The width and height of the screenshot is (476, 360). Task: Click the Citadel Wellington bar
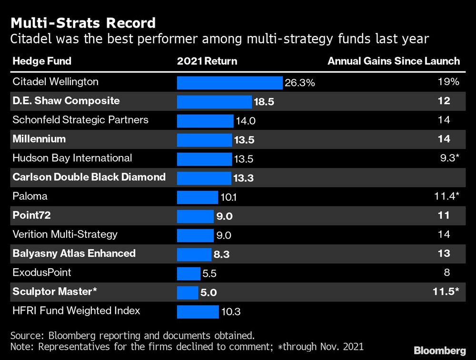click(x=230, y=83)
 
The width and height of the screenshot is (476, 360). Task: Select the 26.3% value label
click(x=300, y=83)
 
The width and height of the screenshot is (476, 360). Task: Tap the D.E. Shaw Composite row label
click(x=66, y=101)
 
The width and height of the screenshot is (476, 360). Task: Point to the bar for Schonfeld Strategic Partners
click(x=205, y=121)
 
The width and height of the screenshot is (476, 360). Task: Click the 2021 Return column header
click(x=207, y=61)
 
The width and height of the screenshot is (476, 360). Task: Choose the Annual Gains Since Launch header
click(x=394, y=61)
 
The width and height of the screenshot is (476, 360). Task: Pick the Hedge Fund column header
click(x=42, y=61)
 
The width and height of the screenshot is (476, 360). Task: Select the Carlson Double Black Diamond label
click(x=89, y=177)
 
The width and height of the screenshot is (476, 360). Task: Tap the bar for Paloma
click(x=198, y=197)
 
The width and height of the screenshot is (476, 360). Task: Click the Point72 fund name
click(x=31, y=215)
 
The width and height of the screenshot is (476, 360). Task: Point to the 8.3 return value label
click(x=221, y=254)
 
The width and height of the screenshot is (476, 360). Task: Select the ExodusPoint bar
click(x=188, y=273)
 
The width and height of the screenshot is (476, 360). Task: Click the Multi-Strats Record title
click(x=83, y=22)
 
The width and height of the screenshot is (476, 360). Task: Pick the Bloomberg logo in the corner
click(x=439, y=351)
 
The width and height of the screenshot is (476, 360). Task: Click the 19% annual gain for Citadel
click(x=448, y=82)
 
